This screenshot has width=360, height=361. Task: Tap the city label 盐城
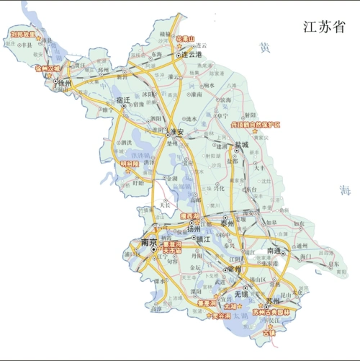240,145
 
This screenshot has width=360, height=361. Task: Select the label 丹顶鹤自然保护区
255,125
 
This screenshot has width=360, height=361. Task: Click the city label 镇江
202,239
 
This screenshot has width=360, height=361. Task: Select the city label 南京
150,242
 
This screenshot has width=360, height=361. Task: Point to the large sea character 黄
265,48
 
